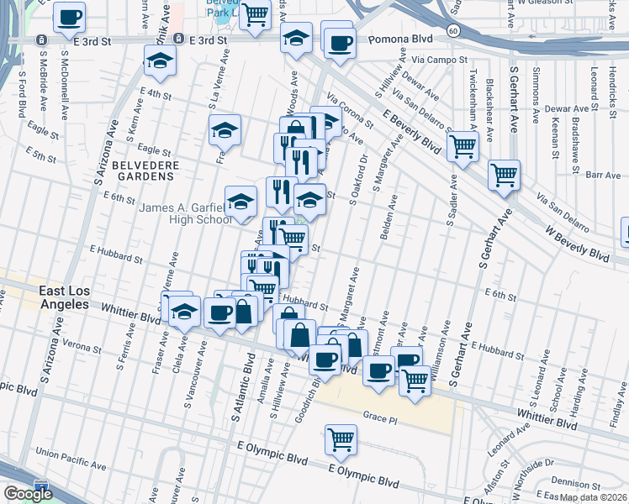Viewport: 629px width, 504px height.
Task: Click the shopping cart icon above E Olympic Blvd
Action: click(x=341, y=438)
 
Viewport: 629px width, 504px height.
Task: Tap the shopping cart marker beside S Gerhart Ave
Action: click(x=504, y=175)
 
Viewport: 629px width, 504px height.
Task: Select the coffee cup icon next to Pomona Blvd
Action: click(x=340, y=43)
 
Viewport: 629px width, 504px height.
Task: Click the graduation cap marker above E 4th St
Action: click(x=159, y=60)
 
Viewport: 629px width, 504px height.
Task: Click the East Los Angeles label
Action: click(x=64, y=297)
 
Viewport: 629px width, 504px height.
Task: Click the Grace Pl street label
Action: click(x=379, y=416)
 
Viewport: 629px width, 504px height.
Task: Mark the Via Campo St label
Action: click(x=440, y=60)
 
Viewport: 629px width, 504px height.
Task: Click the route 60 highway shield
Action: click(x=452, y=31)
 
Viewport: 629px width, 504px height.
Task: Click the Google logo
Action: click(x=28, y=493)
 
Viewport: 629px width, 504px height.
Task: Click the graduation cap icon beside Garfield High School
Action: click(x=240, y=202)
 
